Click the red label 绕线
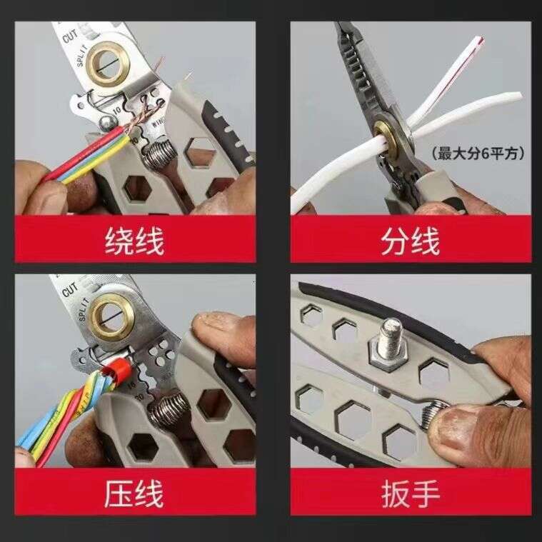click(x=135, y=240)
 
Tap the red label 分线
click(x=410, y=240)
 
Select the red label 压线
click(x=135, y=493)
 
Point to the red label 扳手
click(x=410, y=493)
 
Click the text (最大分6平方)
click(x=478, y=152)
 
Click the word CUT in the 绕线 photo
click(x=69, y=36)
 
